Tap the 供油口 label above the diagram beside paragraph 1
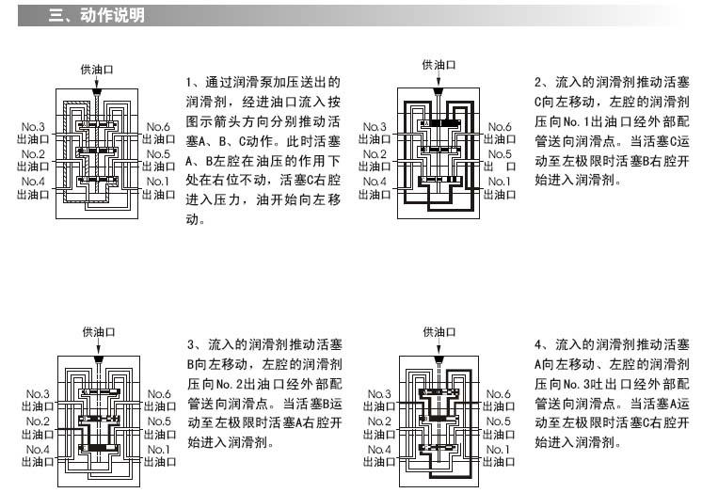click(97, 70)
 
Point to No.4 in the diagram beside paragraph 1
click(33, 182)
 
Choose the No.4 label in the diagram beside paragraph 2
click(375, 182)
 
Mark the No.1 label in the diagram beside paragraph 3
click(157, 450)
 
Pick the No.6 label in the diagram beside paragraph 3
click(157, 394)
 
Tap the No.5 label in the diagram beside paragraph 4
click(499, 421)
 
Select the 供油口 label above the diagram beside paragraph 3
click(98, 332)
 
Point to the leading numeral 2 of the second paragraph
click(538, 83)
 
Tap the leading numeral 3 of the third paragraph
click(190, 345)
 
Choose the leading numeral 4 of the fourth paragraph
click(538, 345)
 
